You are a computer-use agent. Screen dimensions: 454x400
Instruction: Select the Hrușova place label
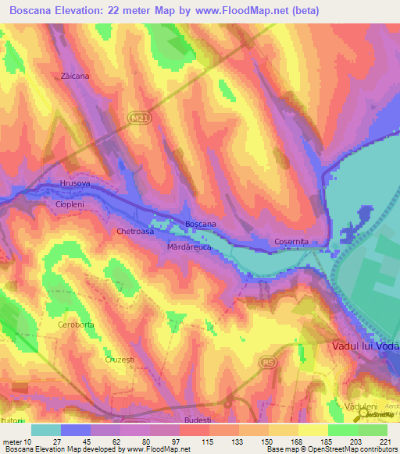(x=75, y=183)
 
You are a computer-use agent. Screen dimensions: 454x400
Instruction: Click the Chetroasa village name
(x=135, y=232)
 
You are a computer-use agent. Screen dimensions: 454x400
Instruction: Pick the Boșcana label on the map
(x=201, y=225)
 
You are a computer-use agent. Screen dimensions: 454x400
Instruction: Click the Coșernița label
(x=291, y=242)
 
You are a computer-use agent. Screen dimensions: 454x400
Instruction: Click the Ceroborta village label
(x=76, y=324)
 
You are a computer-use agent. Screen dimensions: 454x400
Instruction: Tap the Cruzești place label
(x=120, y=360)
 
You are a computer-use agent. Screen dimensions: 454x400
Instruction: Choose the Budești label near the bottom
(x=197, y=420)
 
